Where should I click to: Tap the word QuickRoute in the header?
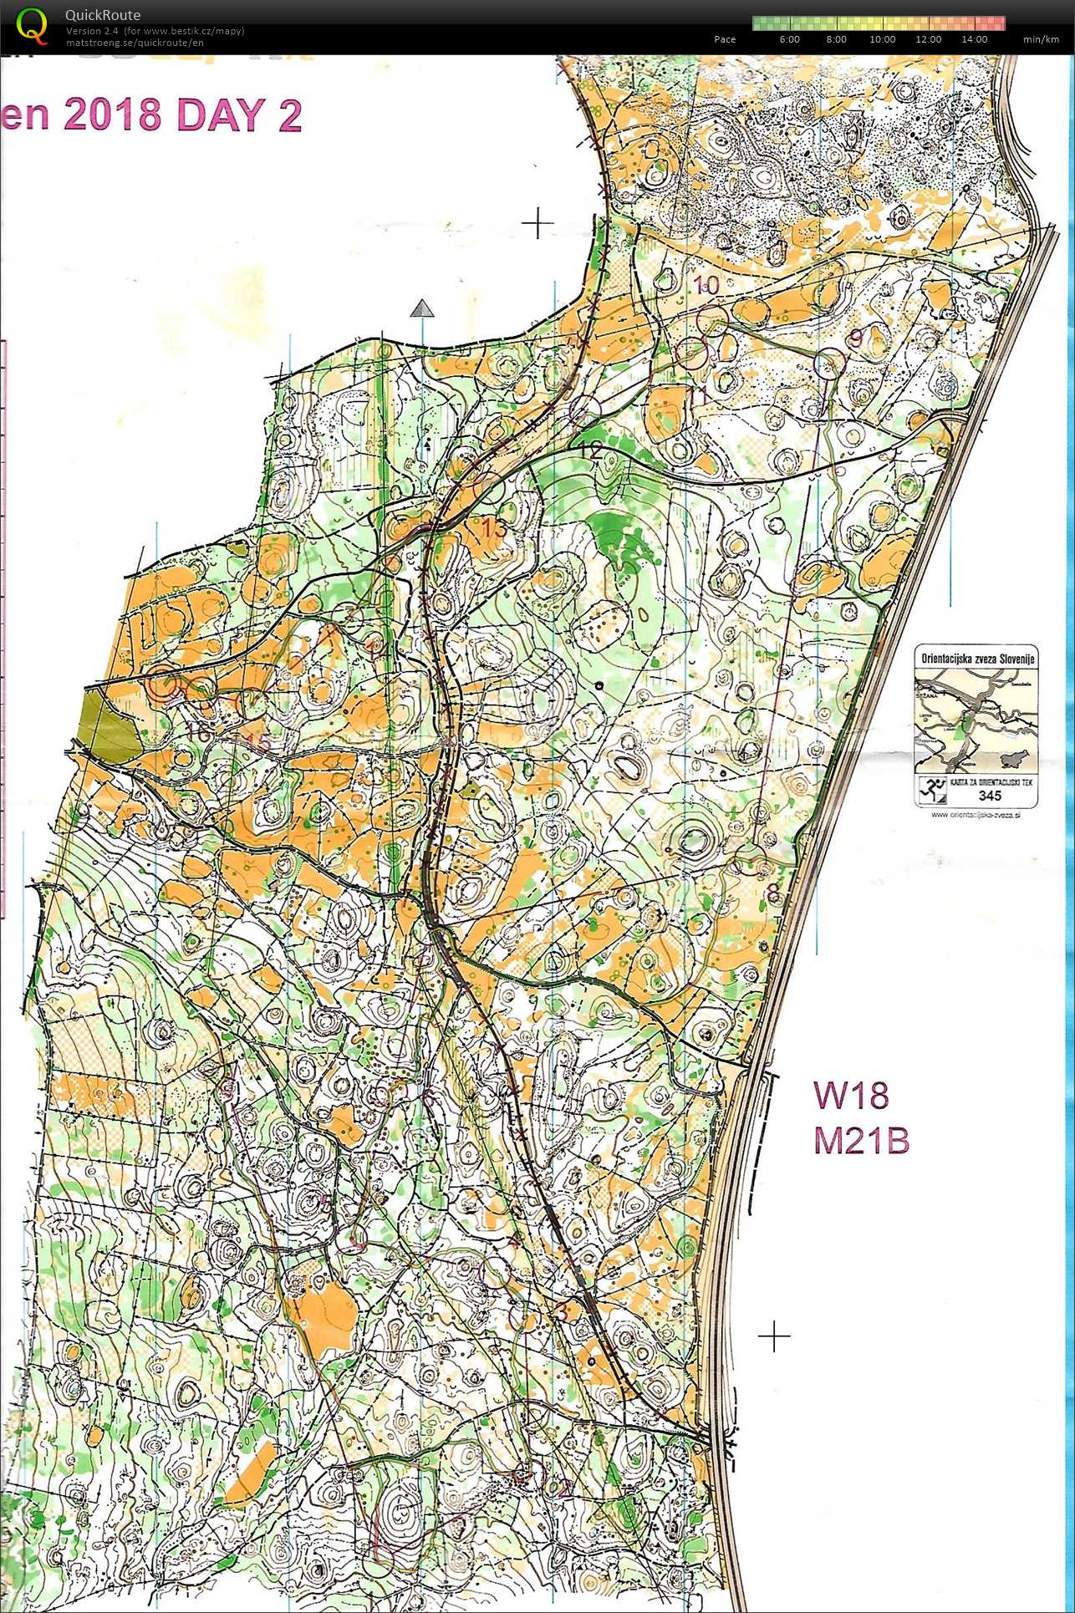pos(103,15)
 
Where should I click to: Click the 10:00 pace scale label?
pos(882,39)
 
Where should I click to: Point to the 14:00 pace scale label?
pos(974,39)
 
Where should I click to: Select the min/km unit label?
pos(1041,39)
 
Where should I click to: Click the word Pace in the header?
pos(725,39)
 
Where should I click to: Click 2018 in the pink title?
pos(112,114)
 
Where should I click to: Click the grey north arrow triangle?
pos(423,309)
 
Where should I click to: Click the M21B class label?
pos(861,1141)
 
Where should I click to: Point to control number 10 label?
pos(706,285)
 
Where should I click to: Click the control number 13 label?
pos(494,528)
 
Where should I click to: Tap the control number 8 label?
pos(772,894)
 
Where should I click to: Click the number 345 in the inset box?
pos(990,796)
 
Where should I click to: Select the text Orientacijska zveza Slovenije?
pos(977,658)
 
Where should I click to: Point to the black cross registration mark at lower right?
pos(774,1336)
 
